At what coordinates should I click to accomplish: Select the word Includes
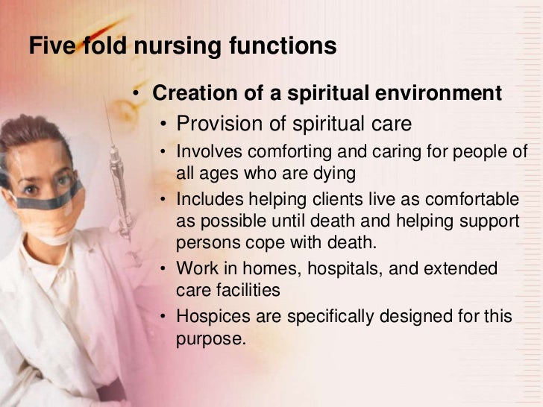pos(209,200)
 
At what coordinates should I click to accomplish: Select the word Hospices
pos(211,316)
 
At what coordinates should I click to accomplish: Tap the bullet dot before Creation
pos(136,93)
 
